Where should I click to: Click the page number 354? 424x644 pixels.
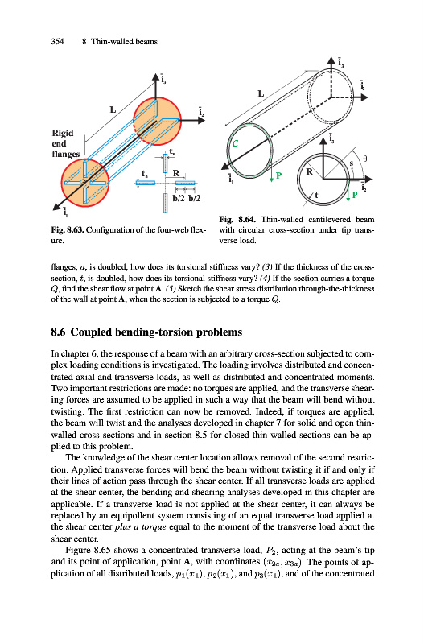click(57, 42)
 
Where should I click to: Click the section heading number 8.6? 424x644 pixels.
click(58, 332)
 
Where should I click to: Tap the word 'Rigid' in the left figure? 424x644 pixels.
click(63, 133)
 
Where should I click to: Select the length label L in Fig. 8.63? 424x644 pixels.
click(113, 109)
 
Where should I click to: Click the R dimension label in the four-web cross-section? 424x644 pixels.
click(176, 173)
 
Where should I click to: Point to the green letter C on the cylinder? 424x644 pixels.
click(235, 143)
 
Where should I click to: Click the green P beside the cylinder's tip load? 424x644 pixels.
click(278, 175)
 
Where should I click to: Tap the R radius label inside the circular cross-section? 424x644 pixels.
click(310, 171)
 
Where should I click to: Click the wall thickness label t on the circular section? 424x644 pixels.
click(316, 196)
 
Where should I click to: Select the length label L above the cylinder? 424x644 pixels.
click(261, 93)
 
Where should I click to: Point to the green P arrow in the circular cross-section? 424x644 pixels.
click(348, 189)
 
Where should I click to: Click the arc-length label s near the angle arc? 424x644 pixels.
click(352, 163)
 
